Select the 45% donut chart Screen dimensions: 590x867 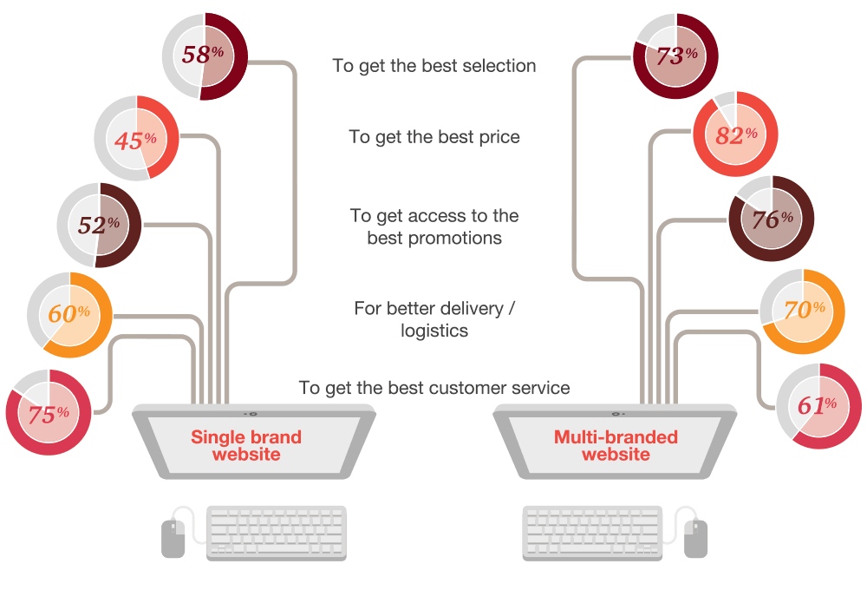136,139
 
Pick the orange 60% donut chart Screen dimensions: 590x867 70,314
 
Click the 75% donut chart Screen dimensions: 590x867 49,413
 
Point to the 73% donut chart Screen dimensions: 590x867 676,56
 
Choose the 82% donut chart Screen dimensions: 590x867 735,134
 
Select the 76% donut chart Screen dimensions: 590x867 771,219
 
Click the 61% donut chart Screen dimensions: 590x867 818,406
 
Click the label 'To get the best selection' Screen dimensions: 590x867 434,66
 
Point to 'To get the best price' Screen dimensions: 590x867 434,137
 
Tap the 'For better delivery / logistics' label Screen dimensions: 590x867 434,319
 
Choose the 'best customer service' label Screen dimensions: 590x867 434,388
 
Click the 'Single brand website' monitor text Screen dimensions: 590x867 246,445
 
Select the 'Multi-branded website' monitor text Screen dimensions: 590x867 616,445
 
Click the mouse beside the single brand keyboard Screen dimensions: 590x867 173,537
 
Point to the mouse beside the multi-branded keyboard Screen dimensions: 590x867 694,537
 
